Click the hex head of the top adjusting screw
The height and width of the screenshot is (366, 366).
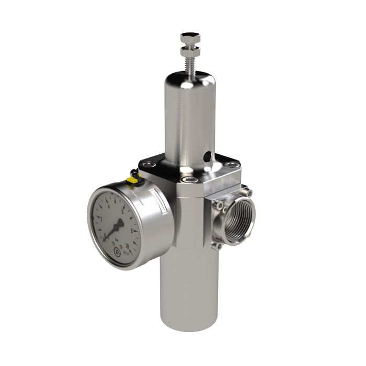coord(188,38)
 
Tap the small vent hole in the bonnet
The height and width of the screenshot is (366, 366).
coord(208,155)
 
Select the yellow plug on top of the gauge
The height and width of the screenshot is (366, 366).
coord(132,180)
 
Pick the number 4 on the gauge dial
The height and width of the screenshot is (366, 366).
coord(110,205)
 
